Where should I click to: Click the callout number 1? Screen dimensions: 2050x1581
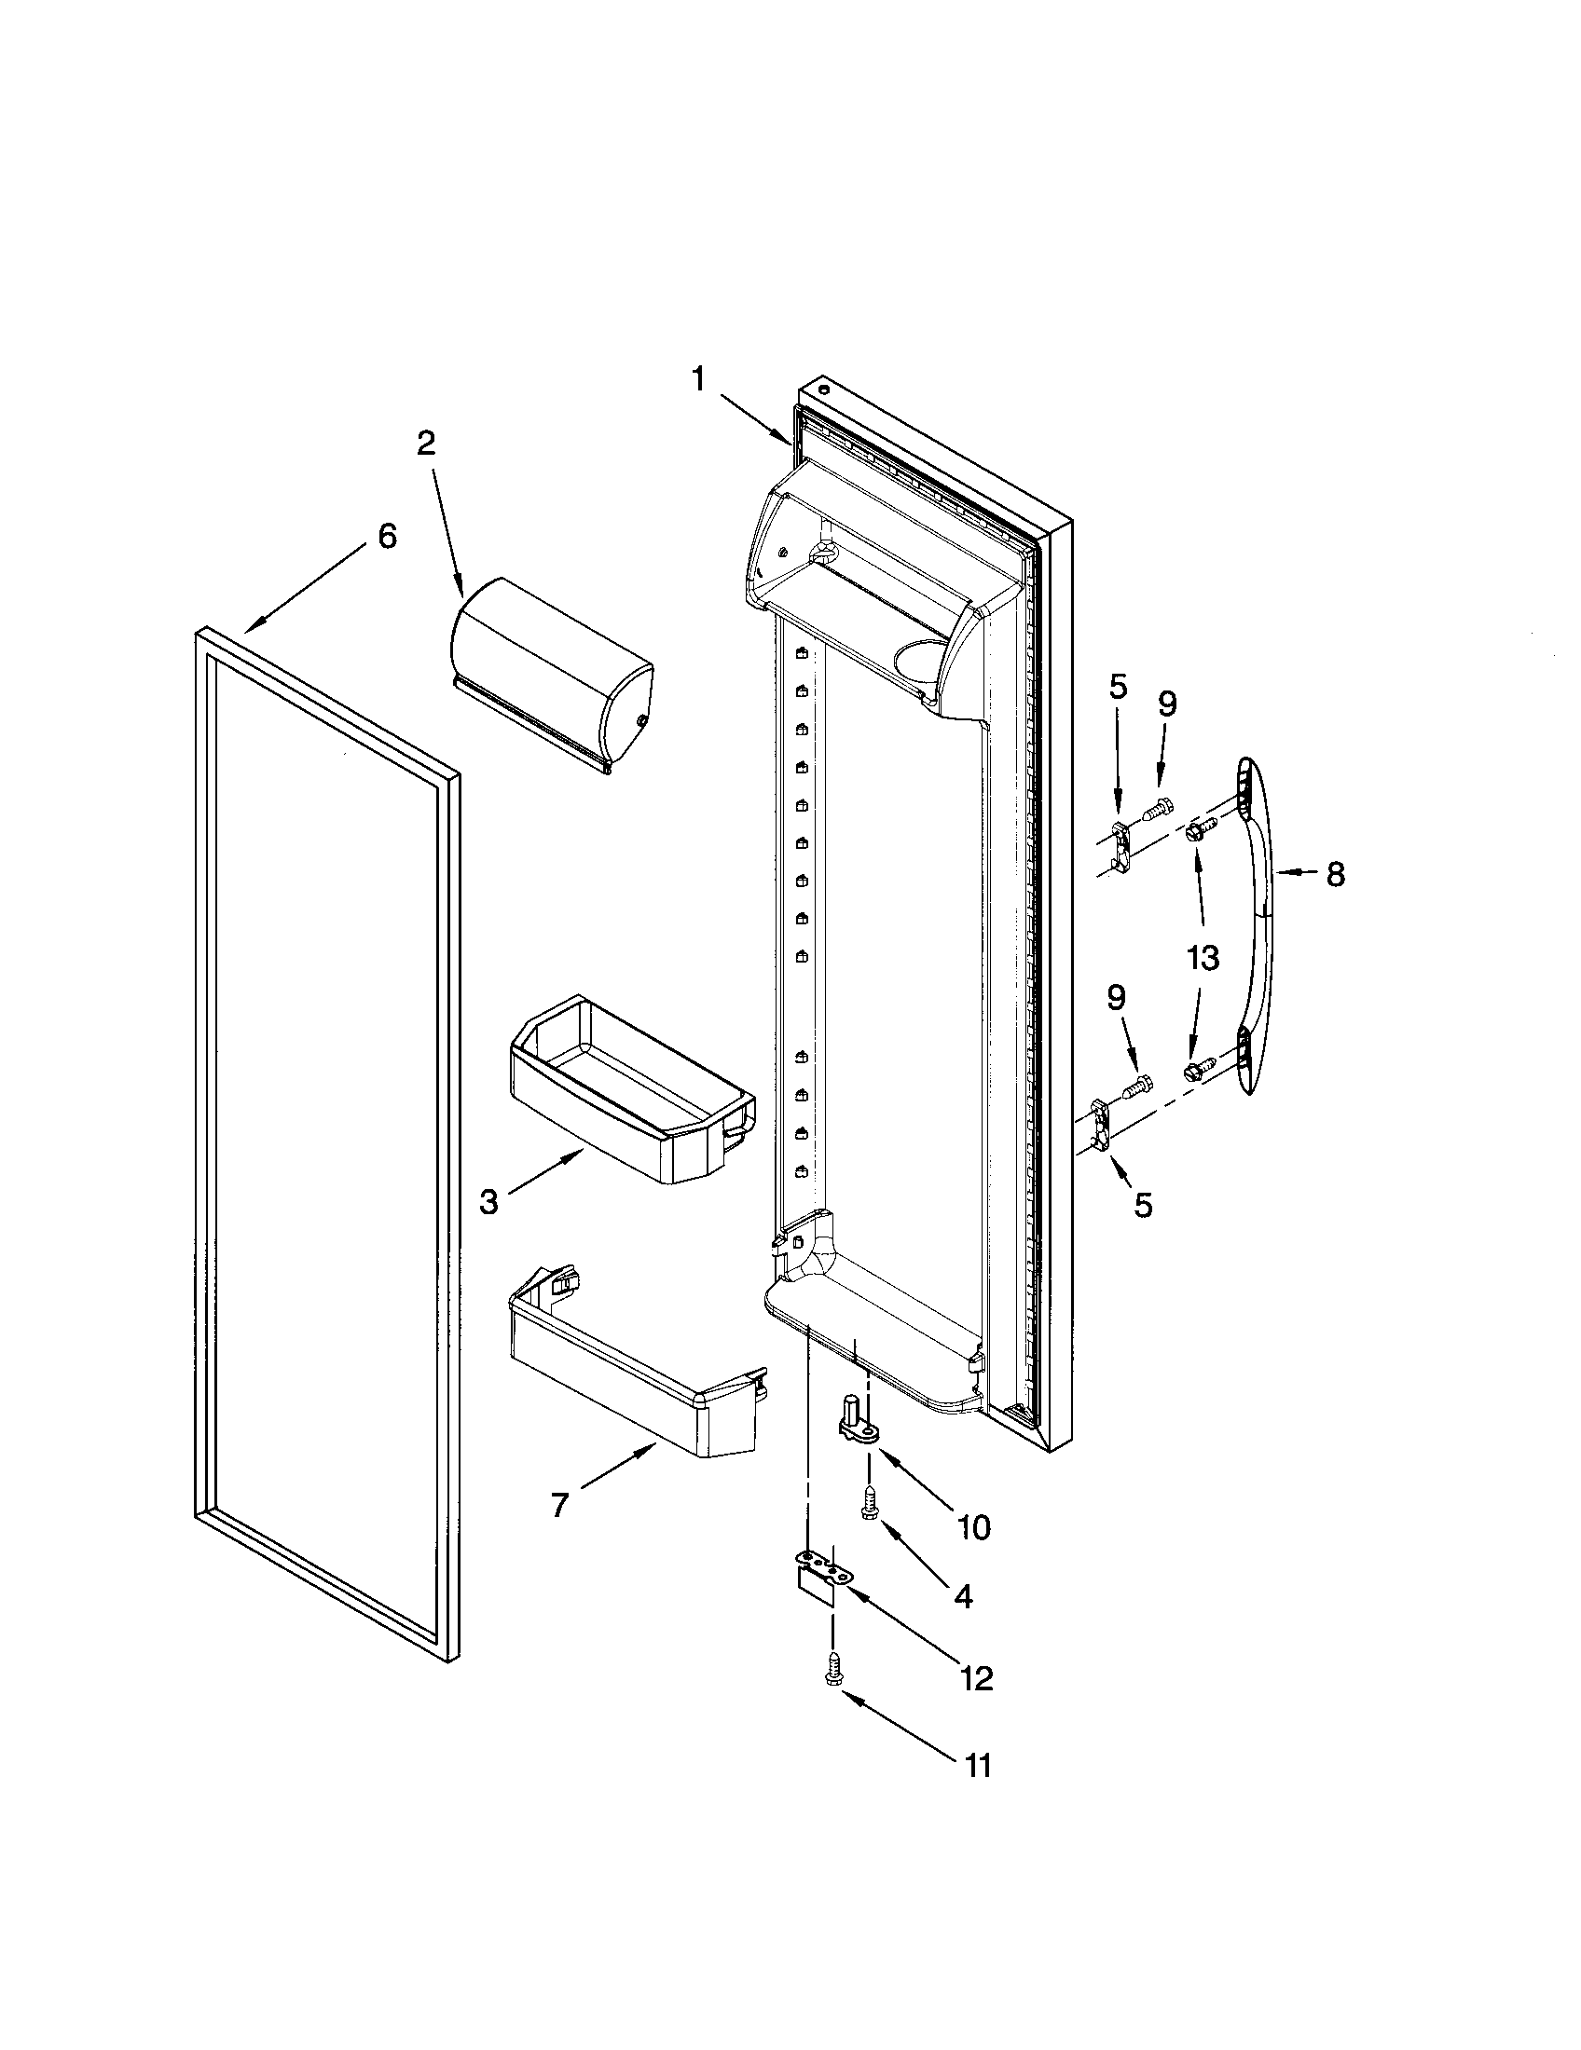pos(697,379)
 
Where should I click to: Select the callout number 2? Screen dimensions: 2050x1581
pos(427,443)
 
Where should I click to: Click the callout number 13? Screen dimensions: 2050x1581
pos(1203,958)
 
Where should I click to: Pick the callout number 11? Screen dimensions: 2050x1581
pos(977,1766)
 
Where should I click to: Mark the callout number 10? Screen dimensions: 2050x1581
pos(974,1528)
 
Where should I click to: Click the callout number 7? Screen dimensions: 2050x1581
pos(559,1506)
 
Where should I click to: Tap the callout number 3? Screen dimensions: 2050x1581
pos(489,1202)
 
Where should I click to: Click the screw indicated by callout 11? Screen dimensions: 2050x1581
pos(832,1672)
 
